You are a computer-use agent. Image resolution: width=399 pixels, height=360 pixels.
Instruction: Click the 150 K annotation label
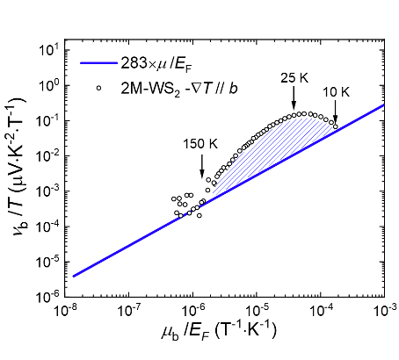[202, 143]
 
